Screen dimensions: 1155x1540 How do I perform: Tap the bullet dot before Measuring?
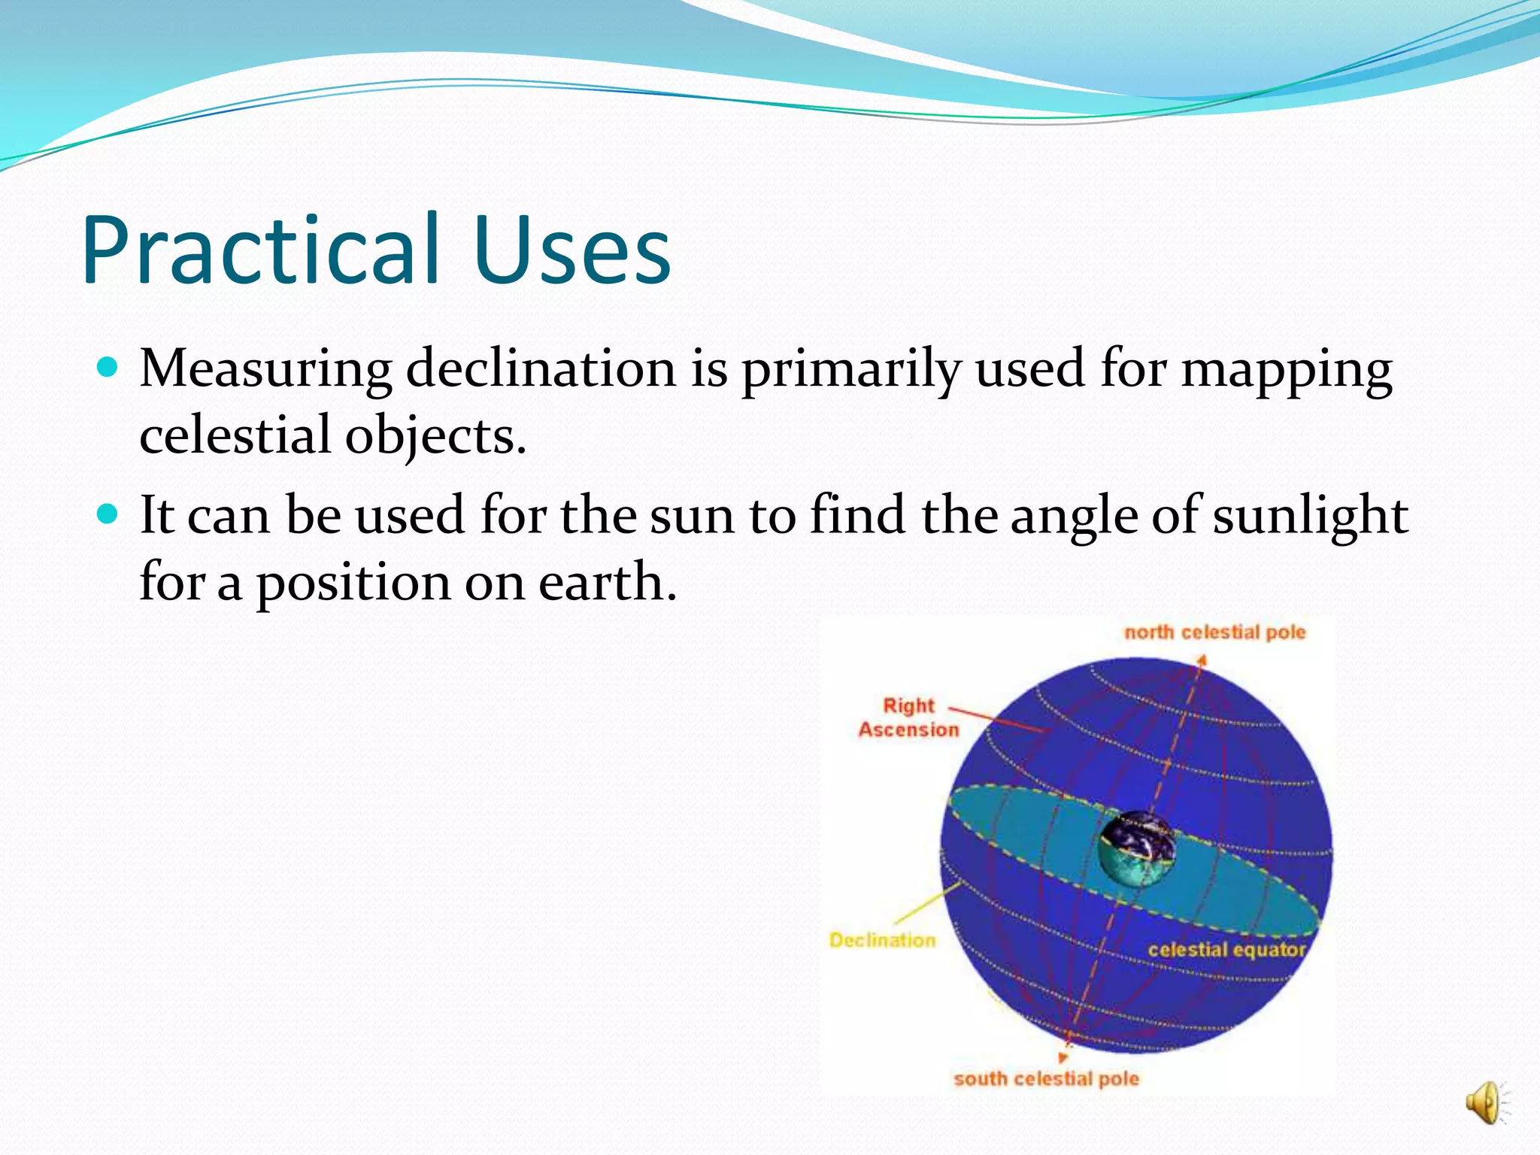click(108, 368)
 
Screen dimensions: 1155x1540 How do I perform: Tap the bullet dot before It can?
click(108, 514)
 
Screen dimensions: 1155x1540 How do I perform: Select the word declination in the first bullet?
click(541, 369)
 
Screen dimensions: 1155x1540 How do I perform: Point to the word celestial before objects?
click(235, 436)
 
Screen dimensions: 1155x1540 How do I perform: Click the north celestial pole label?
click(1214, 632)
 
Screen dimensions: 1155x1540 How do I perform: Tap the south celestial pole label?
click(1046, 1079)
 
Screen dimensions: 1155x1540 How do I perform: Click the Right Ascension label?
click(908, 717)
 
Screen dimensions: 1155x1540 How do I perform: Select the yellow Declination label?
click(882, 940)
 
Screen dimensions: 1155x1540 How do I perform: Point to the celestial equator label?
click(1226, 950)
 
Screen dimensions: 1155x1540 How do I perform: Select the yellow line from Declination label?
click(927, 903)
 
